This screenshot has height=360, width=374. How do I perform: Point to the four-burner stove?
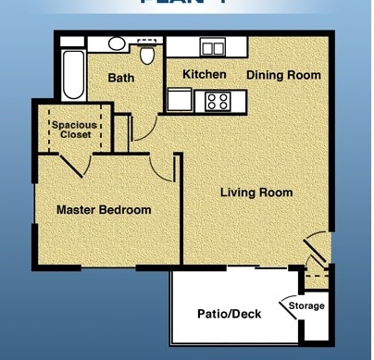(x=219, y=100)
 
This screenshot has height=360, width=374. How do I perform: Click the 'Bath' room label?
(x=121, y=79)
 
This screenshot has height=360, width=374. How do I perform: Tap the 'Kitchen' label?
(x=205, y=74)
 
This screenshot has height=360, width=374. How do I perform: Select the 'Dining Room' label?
(x=283, y=74)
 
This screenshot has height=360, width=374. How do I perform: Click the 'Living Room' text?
(x=256, y=192)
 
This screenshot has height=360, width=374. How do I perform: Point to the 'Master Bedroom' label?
(x=104, y=210)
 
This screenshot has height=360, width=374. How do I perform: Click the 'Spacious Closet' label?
(x=74, y=129)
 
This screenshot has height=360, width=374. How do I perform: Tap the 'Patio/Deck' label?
(x=229, y=314)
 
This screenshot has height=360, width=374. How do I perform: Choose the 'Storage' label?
(x=306, y=305)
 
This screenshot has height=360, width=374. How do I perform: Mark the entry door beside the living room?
(x=317, y=247)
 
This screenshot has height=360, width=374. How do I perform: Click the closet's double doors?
(x=74, y=163)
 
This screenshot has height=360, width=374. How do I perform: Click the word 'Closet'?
(x=74, y=135)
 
